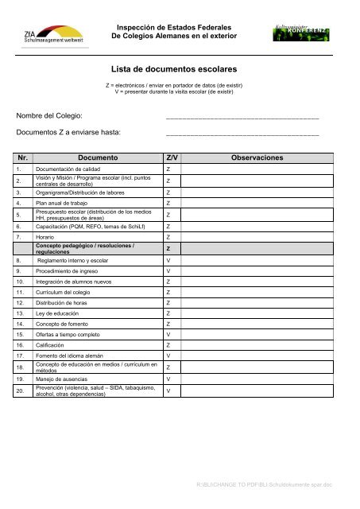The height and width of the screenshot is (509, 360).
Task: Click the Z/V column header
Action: (172, 158)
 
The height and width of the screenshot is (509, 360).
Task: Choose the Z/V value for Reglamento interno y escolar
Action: (168, 260)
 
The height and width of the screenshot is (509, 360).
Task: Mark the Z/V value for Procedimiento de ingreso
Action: (168, 271)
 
